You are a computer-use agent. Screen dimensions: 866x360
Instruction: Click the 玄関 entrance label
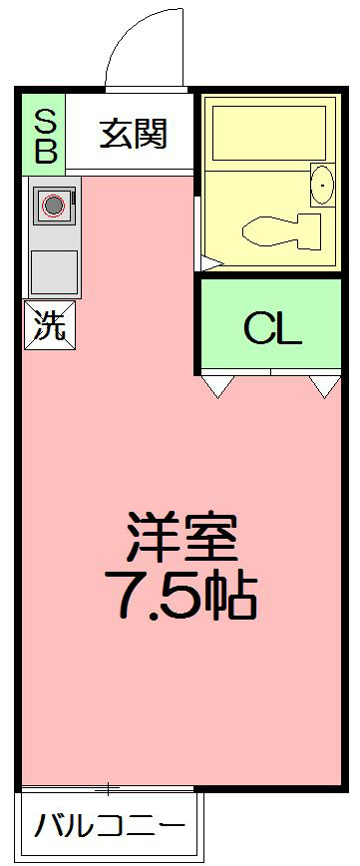click(x=132, y=134)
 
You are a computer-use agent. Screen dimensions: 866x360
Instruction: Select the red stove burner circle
click(x=54, y=207)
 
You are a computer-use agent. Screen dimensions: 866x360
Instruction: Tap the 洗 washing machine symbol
click(x=48, y=325)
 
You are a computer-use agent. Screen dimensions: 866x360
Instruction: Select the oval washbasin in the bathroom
click(x=322, y=185)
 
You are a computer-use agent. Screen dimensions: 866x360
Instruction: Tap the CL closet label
click(x=272, y=329)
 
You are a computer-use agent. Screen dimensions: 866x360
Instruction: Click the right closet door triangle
click(x=325, y=385)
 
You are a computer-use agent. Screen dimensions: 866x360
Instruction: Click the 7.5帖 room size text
click(x=181, y=597)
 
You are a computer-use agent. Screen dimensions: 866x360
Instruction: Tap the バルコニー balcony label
click(x=110, y=827)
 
